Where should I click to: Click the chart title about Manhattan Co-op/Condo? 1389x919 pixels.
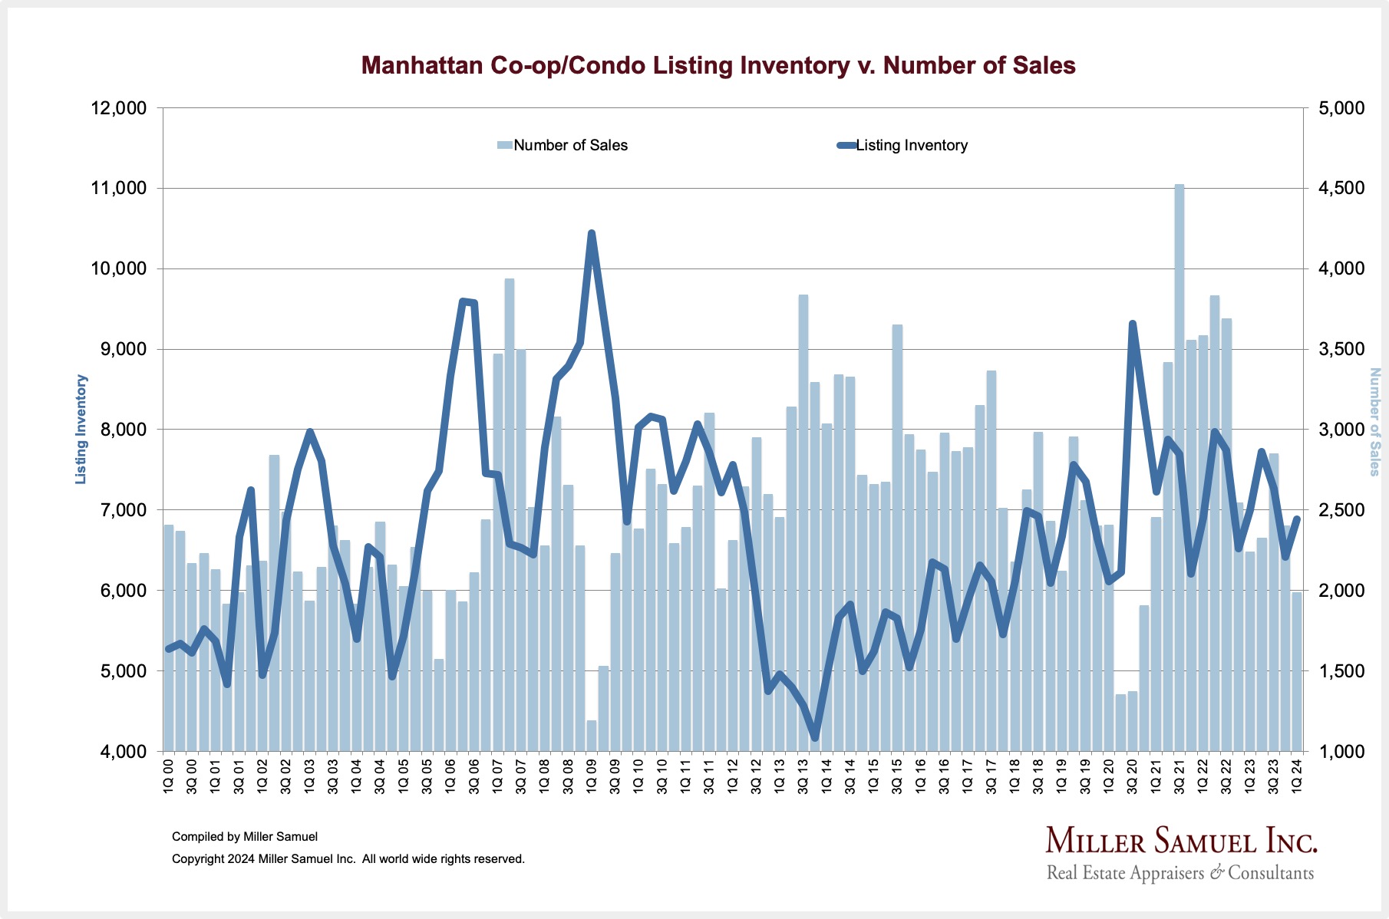click(x=718, y=65)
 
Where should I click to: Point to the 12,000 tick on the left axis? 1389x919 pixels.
click(x=119, y=108)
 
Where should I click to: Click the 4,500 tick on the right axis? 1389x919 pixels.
click(x=1341, y=189)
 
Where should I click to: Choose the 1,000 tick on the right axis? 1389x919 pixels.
click(x=1341, y=752)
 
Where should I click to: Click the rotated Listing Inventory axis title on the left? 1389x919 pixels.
click(x=81, y=430)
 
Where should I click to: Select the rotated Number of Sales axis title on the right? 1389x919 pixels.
click(x=1374, y=422)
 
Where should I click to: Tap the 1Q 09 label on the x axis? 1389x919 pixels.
click(x=592, y=776)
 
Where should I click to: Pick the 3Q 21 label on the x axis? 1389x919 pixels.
click(x=1179, y=776)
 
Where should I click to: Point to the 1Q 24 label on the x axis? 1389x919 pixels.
click(x=1297, y=776)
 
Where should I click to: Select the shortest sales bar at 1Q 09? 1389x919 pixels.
click(x=592, y=736)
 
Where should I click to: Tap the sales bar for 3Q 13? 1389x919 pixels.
click(x=803, y=522)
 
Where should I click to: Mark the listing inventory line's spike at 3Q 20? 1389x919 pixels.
click(x=1133, y=324)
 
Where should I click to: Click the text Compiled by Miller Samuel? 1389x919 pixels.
click(x=245, y=837)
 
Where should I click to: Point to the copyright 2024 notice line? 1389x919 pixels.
click(x=348, y=859)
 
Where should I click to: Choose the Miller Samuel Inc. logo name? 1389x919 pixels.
click(x=1181, y=842)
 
